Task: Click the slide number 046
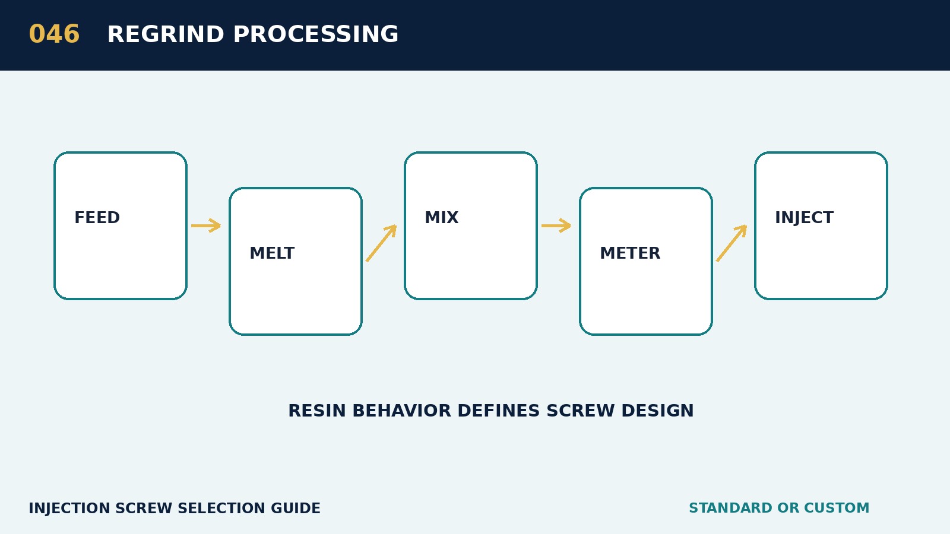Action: [54, 34]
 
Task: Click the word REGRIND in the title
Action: [166, 34]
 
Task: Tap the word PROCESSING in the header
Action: [316, 34]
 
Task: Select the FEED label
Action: [97, 218]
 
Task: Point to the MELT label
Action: [272, 253]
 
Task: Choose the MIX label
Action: [442, 218]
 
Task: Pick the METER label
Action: [630, 253]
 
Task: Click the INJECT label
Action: [804, 218]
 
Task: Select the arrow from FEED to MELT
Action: [206, 225]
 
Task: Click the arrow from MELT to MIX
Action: [381, 243]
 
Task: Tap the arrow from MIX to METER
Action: [556, 225]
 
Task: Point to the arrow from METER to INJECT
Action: [731, 243]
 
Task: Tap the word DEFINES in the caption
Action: [498, 411]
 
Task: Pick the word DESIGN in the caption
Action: [657, 411]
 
